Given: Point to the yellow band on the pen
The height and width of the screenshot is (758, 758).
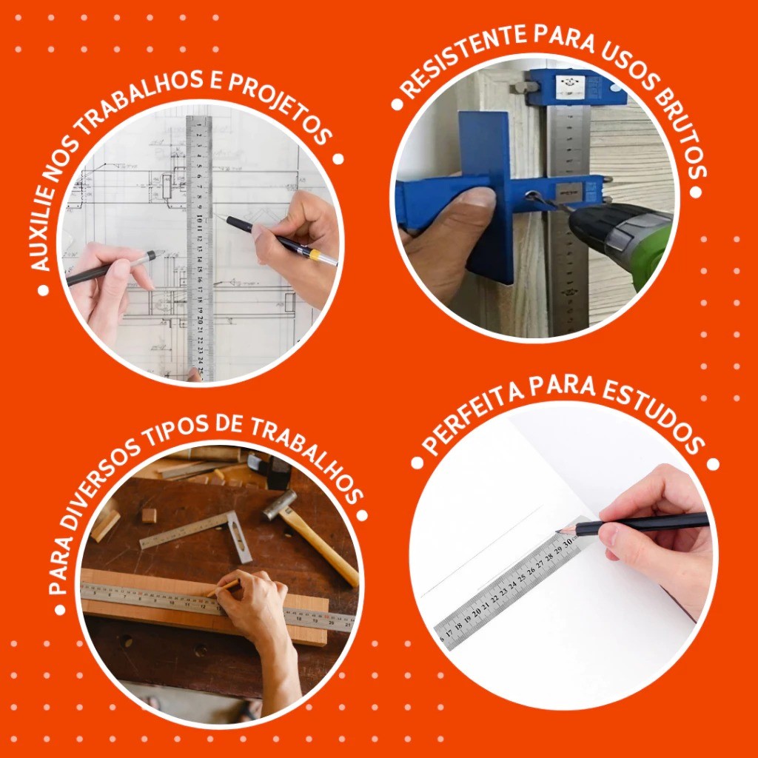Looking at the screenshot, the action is point(314,255).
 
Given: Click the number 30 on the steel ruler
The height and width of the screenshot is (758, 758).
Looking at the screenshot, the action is point(568,543).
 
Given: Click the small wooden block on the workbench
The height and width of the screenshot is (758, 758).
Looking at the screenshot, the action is point(149,515).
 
